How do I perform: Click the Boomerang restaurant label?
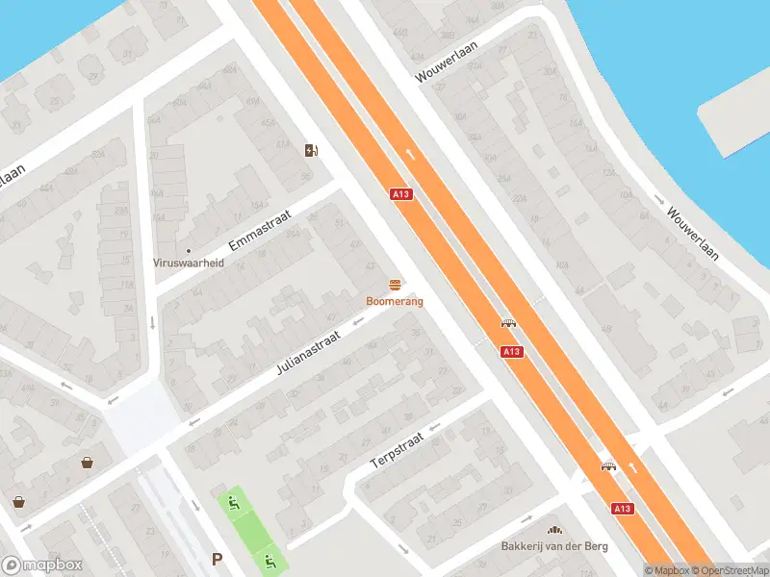(395, 301)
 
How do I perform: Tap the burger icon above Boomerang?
(395, 285)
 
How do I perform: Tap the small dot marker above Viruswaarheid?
(188, 250)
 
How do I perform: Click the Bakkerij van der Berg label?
(553, 546)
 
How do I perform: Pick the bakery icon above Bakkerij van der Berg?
(553, 530)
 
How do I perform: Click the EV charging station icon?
(311, 150)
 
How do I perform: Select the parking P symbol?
(218, 559)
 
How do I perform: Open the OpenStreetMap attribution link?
(732, 570)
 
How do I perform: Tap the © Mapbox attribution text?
(666, 570)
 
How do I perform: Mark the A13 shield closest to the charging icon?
(402, 194)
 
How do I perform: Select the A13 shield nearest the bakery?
(621, 508)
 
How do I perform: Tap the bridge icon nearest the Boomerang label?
(509, 323)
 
